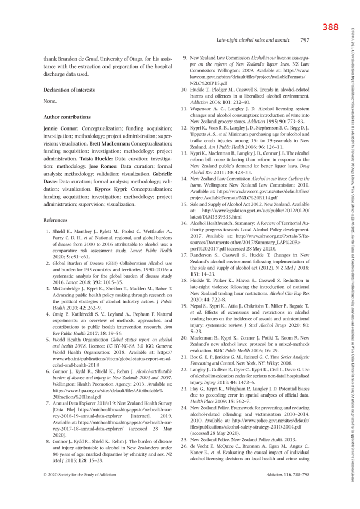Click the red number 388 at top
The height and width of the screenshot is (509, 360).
click(331, 27)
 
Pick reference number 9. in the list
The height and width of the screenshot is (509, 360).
click(185, 57)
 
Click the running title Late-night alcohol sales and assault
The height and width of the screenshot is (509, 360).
click(253, 40)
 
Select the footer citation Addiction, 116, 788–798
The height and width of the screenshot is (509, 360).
click(287, 473)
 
